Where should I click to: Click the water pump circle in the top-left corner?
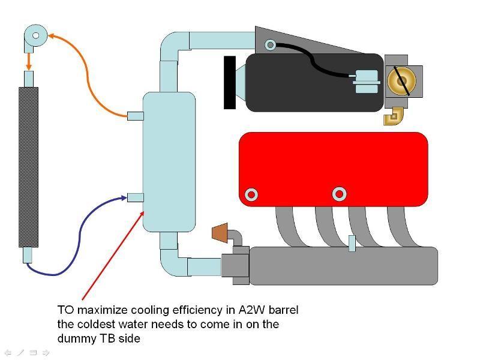tap(36, 35)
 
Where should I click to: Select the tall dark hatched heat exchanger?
tap(28, 167)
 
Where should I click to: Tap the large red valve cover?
tap(334, 169)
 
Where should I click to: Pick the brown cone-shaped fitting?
tap(220, 233)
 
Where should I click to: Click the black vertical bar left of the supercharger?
tap(230, 82)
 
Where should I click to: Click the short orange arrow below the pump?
tap(29, 62)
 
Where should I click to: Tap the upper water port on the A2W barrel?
tap(136, 116)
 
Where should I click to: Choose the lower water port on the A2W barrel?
tap(136, 198)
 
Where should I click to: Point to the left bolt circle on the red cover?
tap(251, 194)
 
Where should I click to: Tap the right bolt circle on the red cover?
tap(339, 194)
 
